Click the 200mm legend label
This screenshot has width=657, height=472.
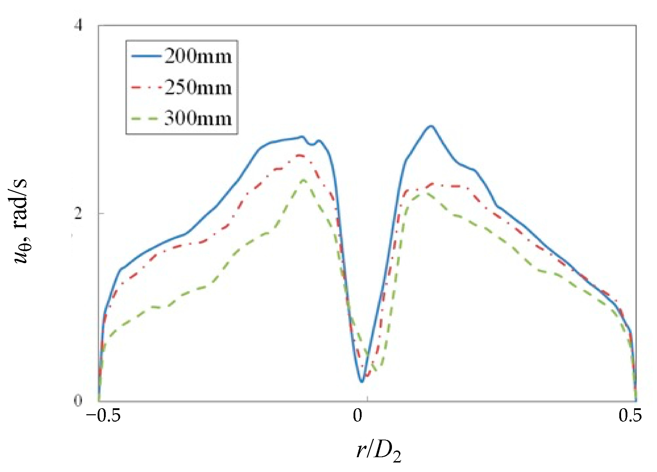[198, 56]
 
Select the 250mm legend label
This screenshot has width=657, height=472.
[198, 87]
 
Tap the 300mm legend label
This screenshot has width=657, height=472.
[198, 118]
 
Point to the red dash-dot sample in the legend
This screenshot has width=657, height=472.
[146, 87]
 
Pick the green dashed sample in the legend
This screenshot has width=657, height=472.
[146, 119]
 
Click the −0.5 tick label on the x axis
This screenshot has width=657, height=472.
[103, 416]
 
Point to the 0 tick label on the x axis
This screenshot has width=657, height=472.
[357, 416]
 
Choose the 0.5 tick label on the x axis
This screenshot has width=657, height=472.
[630, 416]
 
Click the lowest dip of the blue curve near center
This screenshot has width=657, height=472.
[361, 381]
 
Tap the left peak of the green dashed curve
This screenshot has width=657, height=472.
[303, 180]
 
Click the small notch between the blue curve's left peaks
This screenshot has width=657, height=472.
[312, 144]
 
